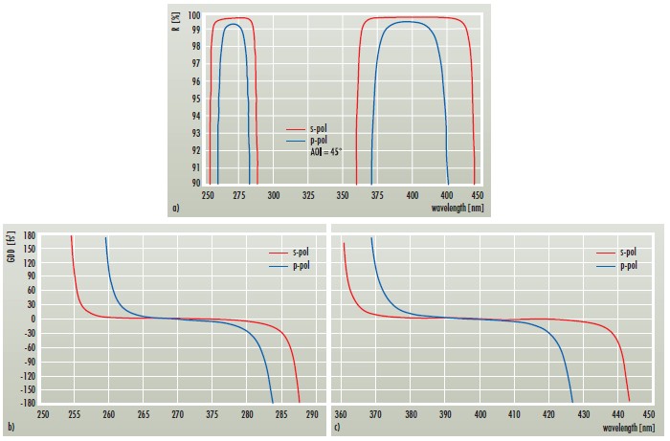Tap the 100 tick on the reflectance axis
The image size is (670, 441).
[x=194, y=16]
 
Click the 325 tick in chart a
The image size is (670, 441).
[x=308, y=194]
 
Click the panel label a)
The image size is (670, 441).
[x=173, y=207]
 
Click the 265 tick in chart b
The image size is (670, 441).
[x=144, y=416]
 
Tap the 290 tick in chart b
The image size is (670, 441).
[x=317, y=416]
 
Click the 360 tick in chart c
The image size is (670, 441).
[x=341, y=416]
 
